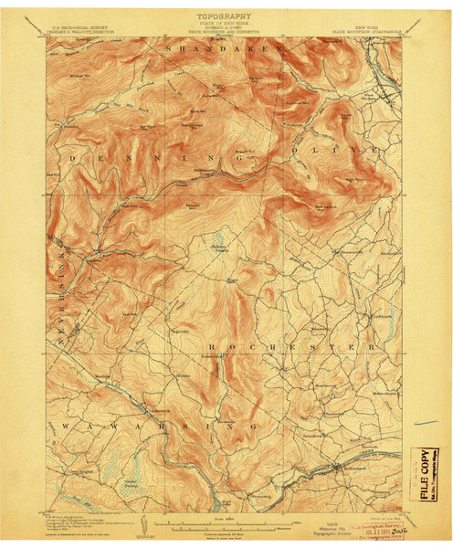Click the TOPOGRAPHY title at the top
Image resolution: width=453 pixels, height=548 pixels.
[225, 16]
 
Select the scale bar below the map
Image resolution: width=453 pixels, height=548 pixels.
[224, 523]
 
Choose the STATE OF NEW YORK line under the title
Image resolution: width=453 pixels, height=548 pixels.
[225, 24]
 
